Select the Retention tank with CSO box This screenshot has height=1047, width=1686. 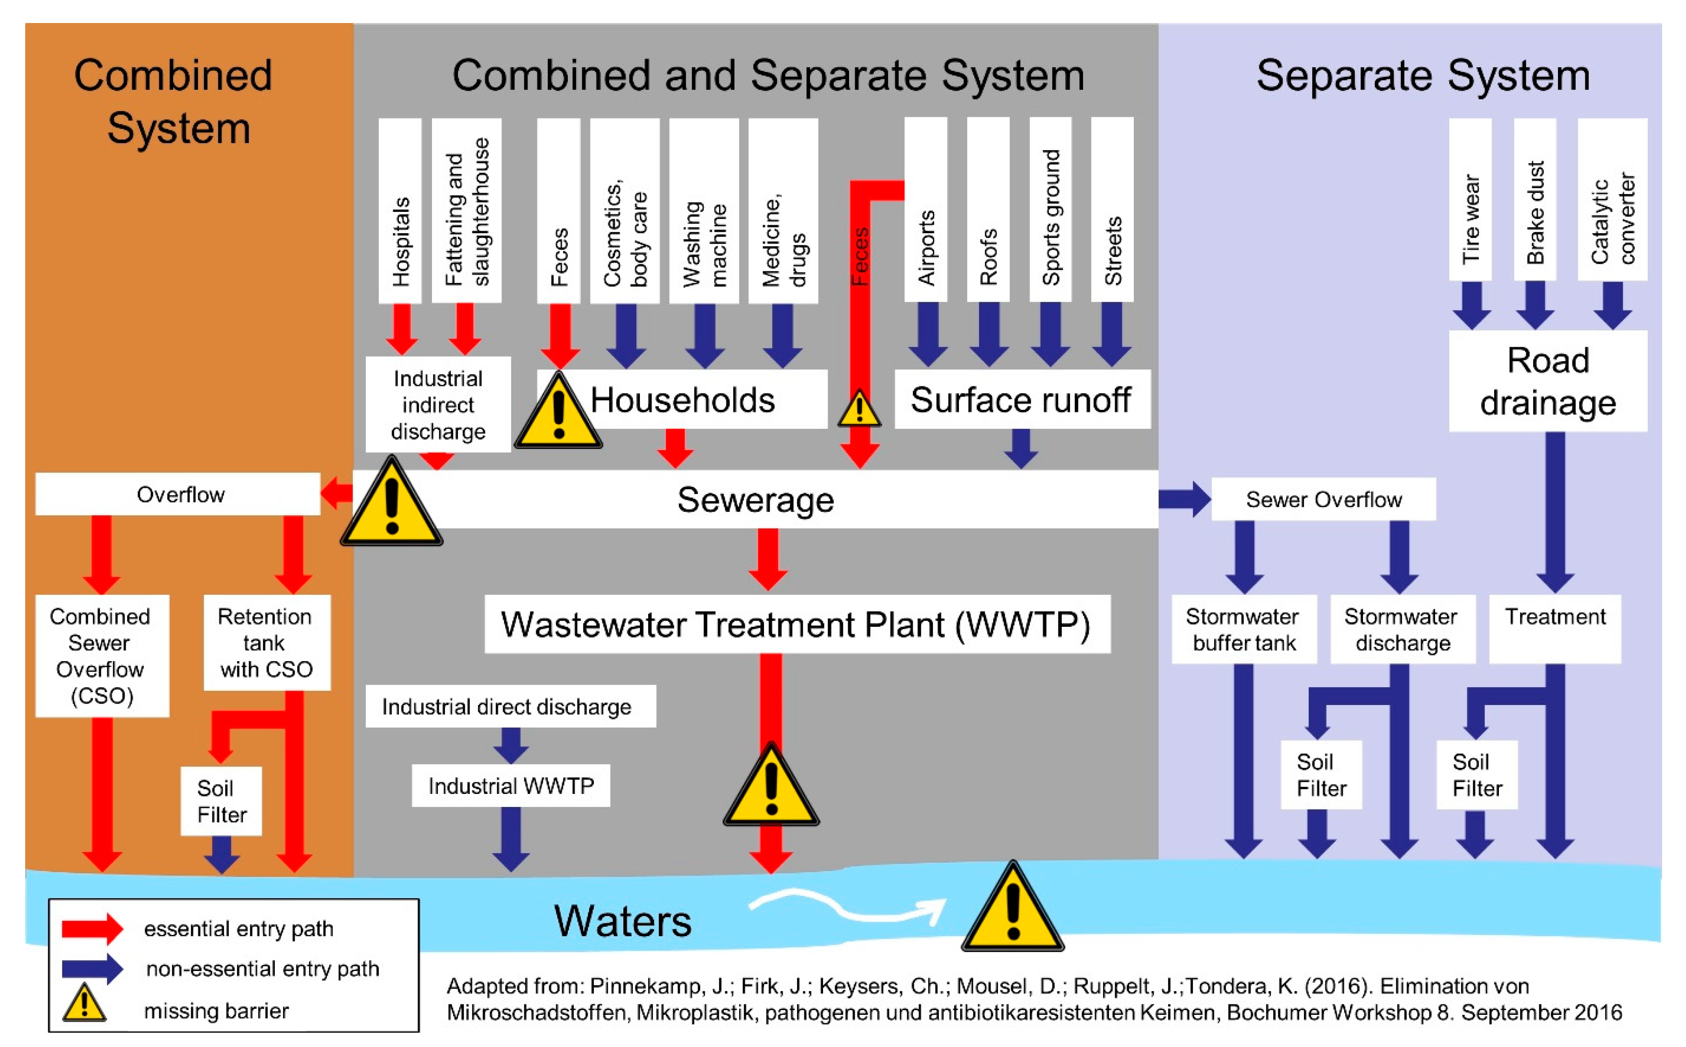click(267, 642)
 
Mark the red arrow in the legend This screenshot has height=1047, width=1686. click(92, 928)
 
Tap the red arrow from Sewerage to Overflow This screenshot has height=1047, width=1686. click(337, 494)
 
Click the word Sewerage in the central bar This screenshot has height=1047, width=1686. click(755, 499)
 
